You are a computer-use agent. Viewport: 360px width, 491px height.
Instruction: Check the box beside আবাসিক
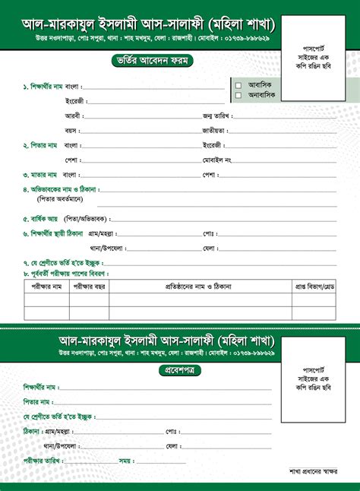tap(238, 85)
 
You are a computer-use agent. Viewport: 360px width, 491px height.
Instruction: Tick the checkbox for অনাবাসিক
tap(238, 96)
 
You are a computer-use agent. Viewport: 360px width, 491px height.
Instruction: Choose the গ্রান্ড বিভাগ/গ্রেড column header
tap(314, 287)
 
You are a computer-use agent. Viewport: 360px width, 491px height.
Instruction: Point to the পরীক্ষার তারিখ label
tap(42, 460)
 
